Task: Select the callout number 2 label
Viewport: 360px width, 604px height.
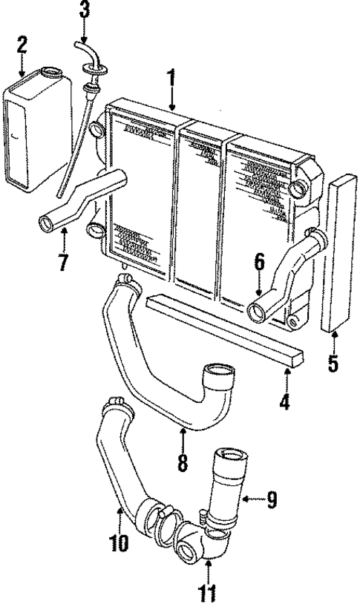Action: (x=22, y=45)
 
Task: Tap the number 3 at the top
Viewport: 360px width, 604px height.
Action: (x=84, y=10)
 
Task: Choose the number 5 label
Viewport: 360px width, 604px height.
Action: (x=334, y=364)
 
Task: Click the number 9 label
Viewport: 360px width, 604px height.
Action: (x=272, y=500)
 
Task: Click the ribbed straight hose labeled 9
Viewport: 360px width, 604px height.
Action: (x=230, y=475)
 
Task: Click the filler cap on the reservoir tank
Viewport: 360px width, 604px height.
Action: (x=53, y=73)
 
